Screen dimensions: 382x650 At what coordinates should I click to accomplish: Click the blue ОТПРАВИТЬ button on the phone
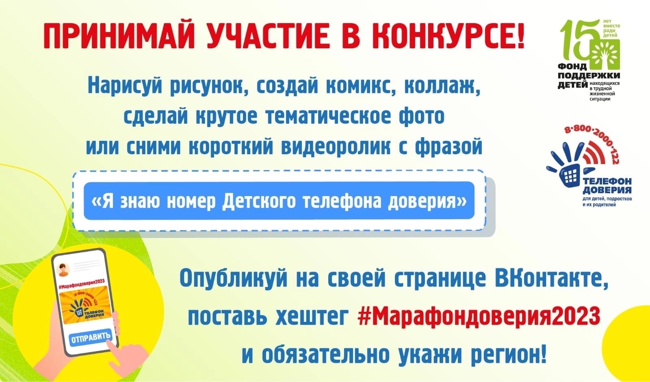(91, 337)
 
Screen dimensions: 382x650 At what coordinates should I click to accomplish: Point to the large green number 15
(578, 41)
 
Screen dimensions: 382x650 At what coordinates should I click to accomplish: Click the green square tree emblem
(605, 54)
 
